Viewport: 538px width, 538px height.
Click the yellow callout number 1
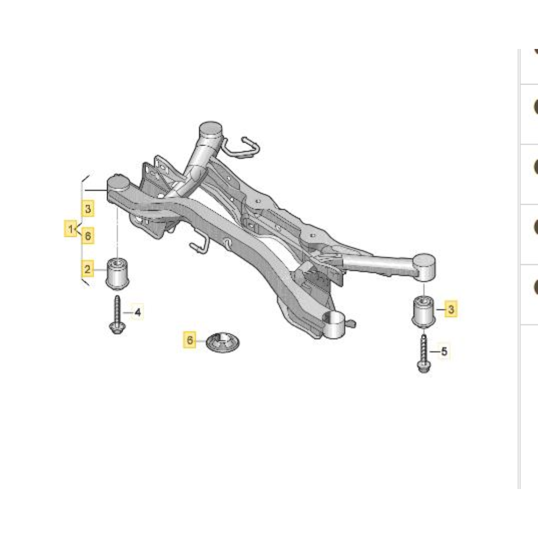pyautogui.click(x=70, y=229)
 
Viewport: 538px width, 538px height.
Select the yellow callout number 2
pyautogui.click(x=87, y=267)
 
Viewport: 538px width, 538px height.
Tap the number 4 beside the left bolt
pyautogui.click(x=137, y=312)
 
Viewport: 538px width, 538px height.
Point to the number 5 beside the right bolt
pyautogui.click(x=444, y=352)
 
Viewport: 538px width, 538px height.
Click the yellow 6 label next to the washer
pyautogui.click(x=189, y=341)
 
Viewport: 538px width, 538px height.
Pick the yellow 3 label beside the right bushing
pyautogui.click(x=451, y=309)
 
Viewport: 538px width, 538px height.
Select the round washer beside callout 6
pyautogui.click(x=223, y=342)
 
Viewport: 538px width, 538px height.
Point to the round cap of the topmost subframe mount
pyautogui.click(x=211, y=129)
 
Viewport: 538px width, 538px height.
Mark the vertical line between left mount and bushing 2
pyautogui.click(x=117, y=231)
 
